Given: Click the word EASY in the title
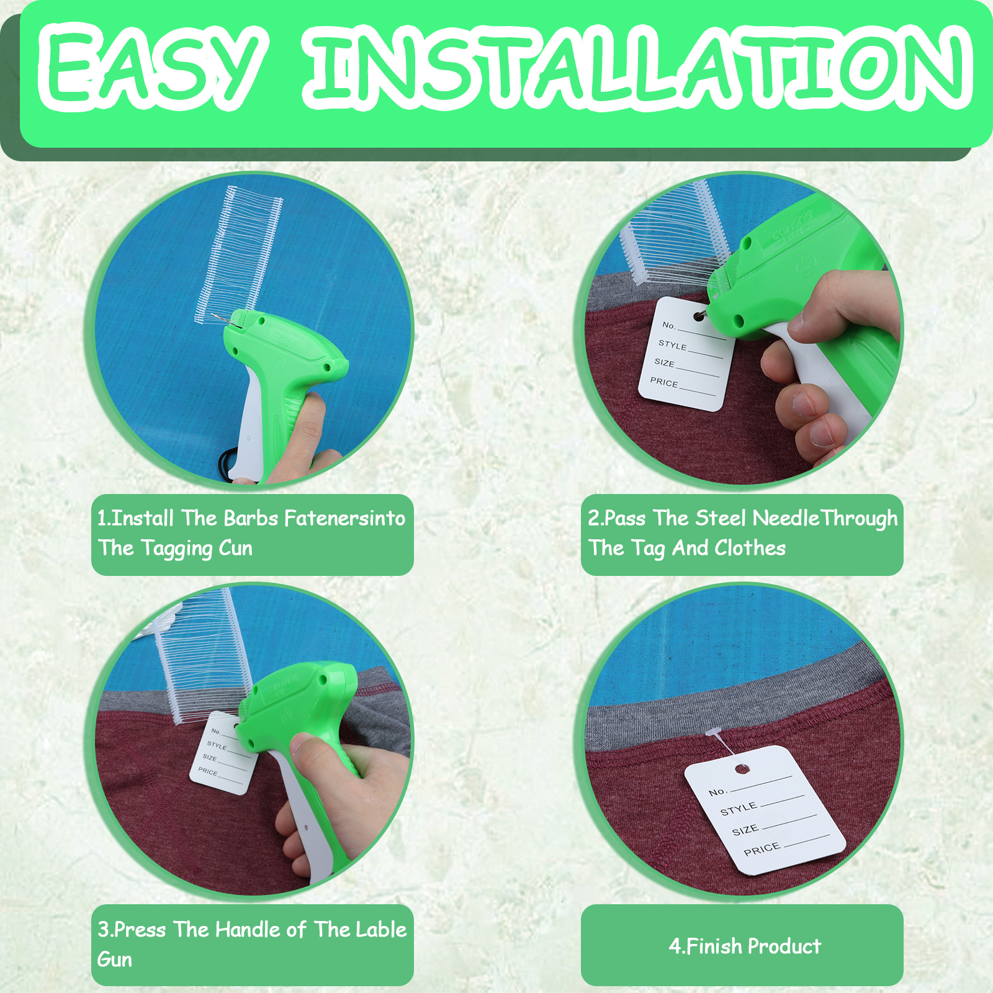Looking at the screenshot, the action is tap(153, 66).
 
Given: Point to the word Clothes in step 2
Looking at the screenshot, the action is tap(750, 548).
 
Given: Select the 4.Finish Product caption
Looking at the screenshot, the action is tap(745, 946).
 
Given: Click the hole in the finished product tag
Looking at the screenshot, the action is tap(742, 770).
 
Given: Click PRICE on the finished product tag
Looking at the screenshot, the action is tap(762, 849).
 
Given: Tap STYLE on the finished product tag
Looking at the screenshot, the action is tap(739, 809).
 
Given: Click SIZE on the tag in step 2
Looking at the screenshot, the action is tap(664, 362).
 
